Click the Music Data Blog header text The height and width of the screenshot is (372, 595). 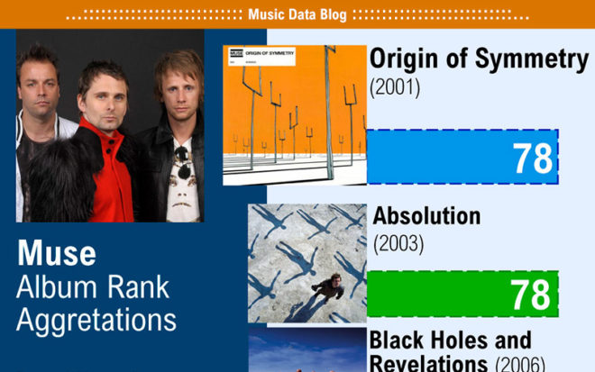pos(297,14)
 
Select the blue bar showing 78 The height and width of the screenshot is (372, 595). pos(462,157)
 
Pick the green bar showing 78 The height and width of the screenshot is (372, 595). pos(462,294)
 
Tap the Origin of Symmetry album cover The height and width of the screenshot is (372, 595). pos(295,115)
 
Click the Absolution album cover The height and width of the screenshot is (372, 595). pos(307,263)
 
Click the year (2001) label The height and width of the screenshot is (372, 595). pos(395,87)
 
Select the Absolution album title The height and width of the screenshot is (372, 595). pos(426,216)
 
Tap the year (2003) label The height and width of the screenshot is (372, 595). pos(398,243)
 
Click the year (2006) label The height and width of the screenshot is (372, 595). pos(520,364)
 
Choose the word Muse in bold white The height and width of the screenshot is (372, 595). pos(57,253)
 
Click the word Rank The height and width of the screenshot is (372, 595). pos(138,287)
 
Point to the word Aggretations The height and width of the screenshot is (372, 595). pos(96,321)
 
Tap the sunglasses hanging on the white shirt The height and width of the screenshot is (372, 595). pos(183,162)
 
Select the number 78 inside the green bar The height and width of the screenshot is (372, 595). pos(530,295)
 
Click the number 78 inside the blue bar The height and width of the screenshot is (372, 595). pos(533,159)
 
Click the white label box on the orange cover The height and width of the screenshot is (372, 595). pos(261,57)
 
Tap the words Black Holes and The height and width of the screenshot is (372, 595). pos(450,340)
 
